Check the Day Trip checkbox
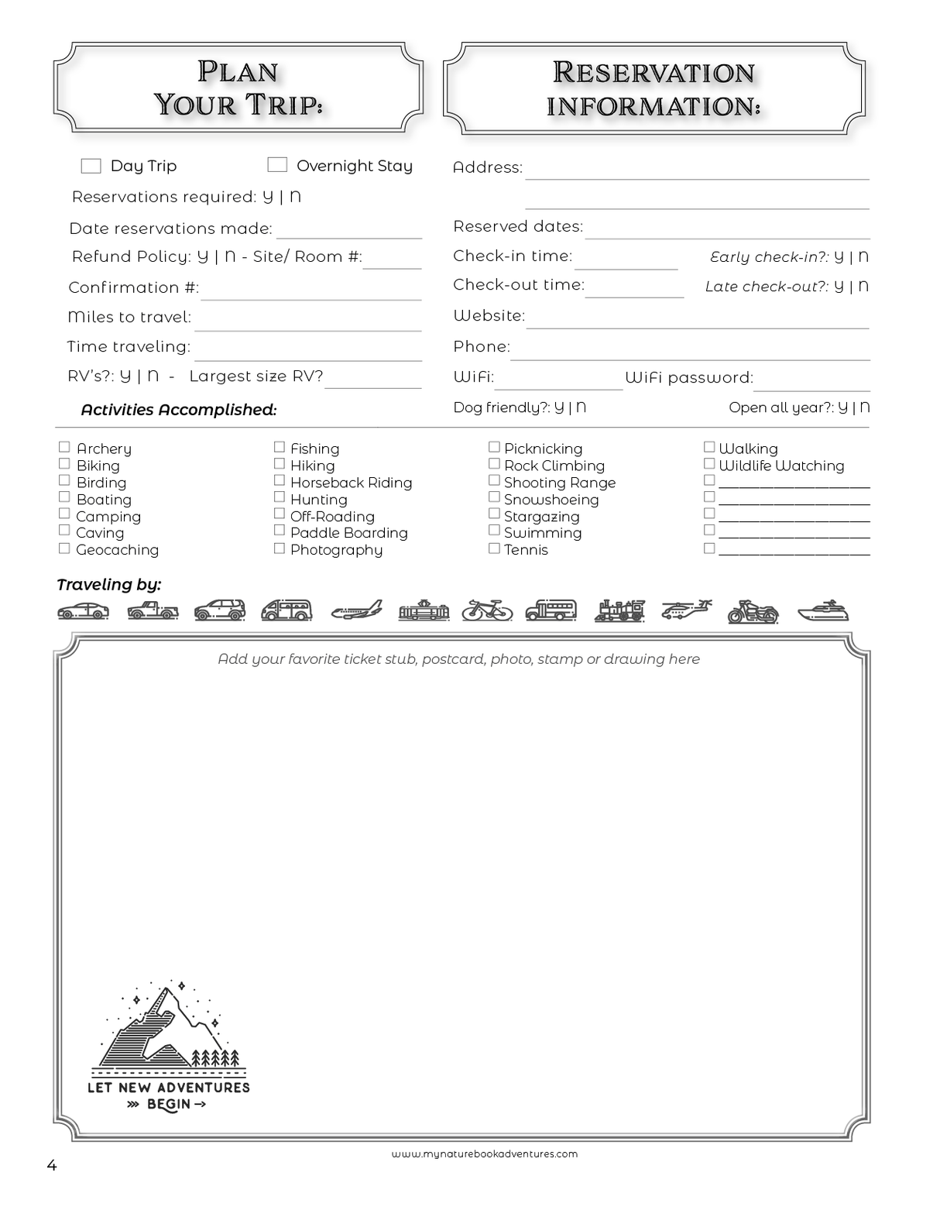91,166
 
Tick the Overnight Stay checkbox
277,164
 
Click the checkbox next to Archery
64,447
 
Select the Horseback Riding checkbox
280,480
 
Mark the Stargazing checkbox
494,514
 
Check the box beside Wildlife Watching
708,463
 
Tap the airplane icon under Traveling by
356,610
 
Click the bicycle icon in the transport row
487,610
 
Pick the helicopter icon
686,610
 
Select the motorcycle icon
753,611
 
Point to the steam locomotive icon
619,610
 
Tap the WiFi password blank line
811,383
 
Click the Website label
489,316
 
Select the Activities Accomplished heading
178,410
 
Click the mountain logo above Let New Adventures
169,1026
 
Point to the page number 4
52,1166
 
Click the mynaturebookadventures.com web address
485,1154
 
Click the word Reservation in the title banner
654,73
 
